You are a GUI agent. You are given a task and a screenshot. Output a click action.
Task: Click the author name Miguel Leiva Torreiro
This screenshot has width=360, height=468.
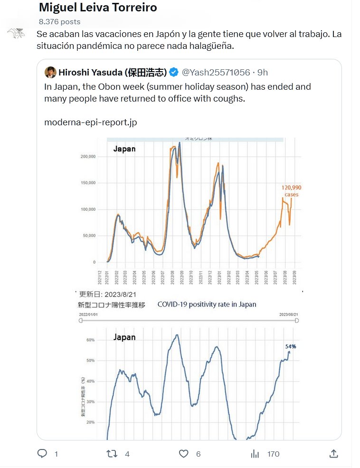click(x=97, y=8)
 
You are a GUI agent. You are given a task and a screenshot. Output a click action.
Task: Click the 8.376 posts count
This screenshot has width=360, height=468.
click(x=59, y=21)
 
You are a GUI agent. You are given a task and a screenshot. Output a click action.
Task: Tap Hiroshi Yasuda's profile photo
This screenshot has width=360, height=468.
click(x=50, y=72)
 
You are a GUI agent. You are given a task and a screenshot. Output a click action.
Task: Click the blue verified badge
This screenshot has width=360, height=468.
click(x=174, y=72)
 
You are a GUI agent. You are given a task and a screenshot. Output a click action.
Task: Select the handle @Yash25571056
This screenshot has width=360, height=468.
click(x=216, y=72)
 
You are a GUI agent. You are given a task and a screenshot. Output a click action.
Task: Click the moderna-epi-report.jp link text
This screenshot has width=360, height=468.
click(x=91, y=122)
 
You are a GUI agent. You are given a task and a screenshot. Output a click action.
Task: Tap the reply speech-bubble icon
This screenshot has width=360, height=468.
click(x=42, y=454)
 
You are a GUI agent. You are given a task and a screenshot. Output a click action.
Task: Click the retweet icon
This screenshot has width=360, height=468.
click(x=112, y=454)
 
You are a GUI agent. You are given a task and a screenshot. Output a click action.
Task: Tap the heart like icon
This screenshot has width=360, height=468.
click(x=184, y=454)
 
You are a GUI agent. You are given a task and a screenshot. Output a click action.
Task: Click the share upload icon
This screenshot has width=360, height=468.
click(x=333, y=454)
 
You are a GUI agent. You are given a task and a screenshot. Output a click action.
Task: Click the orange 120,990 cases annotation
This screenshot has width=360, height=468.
click(x=292, y=191)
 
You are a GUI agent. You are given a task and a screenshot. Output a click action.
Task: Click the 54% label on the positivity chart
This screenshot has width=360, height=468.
click(x=291, y=346)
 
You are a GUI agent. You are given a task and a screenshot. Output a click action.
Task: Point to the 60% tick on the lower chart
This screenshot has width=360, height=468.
click(x=90, y=340)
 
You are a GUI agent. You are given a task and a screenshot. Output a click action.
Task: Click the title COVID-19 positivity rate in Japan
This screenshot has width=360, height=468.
click(x=207, y=304)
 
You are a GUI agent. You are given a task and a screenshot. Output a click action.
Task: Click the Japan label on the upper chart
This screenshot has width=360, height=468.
click(x=124, y=149)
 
